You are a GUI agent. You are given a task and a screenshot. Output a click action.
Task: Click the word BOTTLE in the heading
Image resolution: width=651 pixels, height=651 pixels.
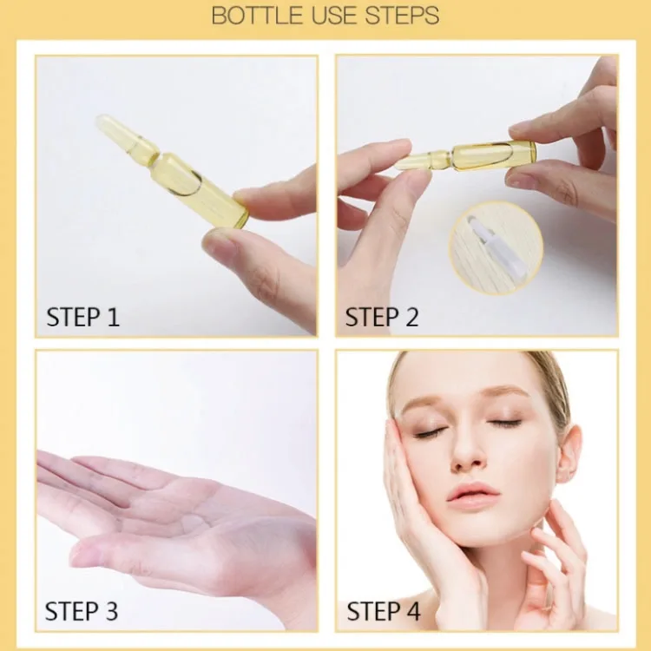tap(257, 16)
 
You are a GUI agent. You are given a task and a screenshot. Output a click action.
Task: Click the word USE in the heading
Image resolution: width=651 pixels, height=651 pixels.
tap(335, 16)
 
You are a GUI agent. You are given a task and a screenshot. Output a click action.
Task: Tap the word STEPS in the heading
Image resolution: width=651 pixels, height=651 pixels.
tap(402, 16)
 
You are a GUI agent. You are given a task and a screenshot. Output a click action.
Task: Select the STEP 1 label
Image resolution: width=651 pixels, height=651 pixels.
tap(82, 317)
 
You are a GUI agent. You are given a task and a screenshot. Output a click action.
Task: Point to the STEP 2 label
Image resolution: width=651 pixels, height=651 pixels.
tap(382, 317)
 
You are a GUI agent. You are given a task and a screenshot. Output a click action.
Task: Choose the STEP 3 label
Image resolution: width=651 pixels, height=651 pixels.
tap(82, 611)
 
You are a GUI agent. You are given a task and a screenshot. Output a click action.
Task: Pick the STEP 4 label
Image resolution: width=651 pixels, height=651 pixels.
tap(383, 611)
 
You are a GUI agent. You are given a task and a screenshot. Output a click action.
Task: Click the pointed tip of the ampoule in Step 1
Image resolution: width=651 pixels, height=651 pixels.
tap(99, 119)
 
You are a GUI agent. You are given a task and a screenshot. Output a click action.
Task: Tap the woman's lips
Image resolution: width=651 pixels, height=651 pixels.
tap(472, 495)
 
